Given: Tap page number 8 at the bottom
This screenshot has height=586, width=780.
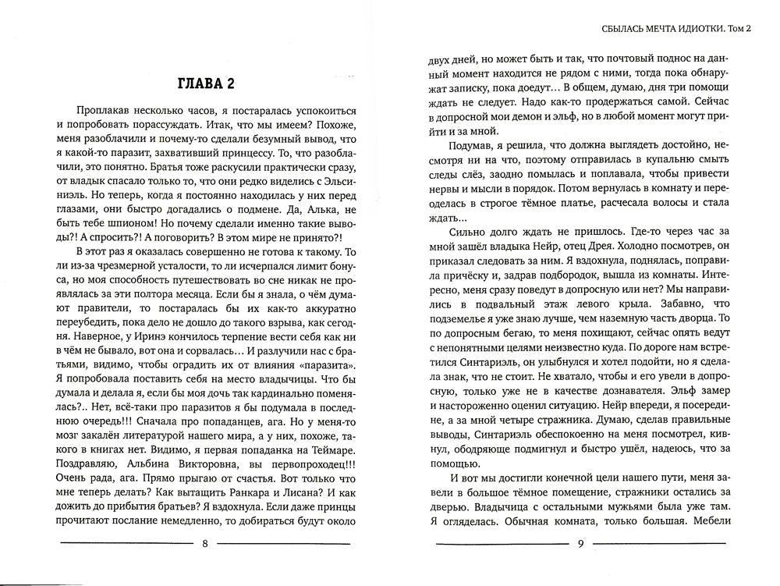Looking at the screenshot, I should tap(204, 544).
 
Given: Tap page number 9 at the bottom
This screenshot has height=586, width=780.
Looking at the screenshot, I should tap(580, 544).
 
